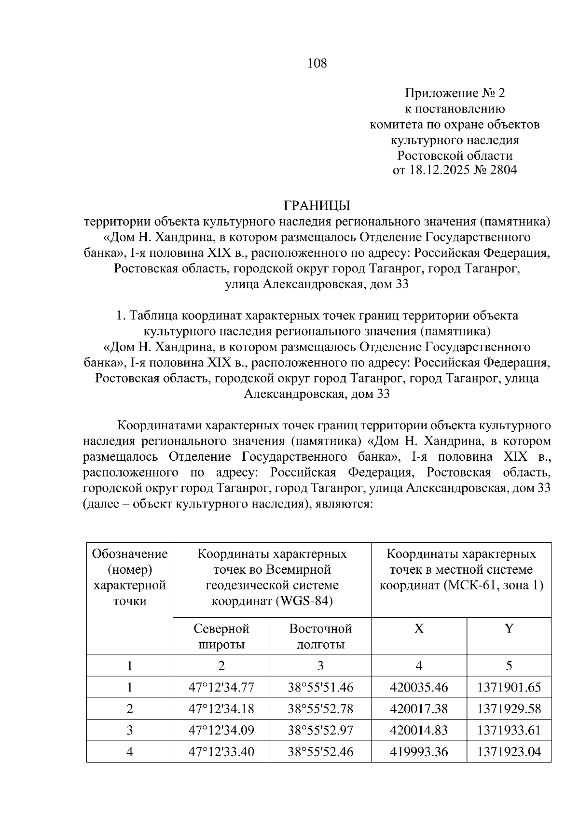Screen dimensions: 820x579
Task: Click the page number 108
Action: click(x=317, y=63)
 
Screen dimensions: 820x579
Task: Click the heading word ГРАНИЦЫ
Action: click(x=317, y=206)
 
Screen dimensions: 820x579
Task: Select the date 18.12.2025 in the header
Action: click(x=439, y=171)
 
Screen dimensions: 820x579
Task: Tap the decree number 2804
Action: click(x=503, y=171)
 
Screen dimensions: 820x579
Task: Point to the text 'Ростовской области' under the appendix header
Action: click(x=455, y=156)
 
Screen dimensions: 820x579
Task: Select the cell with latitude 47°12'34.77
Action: click(x=221, y=687)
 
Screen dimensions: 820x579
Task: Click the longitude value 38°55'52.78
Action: click(x=320, y=709)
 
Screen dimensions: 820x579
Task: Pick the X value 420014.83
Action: click(x=419, y=730)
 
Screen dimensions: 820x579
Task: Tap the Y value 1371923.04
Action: click(x=509, y=752)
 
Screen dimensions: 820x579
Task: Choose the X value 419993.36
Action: click(x=419, y=752)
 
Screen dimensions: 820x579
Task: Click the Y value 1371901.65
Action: click(x=509, y=687)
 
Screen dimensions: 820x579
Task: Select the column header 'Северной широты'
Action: click(x=221, y=636)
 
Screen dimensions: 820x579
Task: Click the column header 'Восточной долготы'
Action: click(x=320, y=636)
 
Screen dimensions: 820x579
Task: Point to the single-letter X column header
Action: click(x=419, y=629)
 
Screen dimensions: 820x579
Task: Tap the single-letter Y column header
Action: click(x=509, y=629)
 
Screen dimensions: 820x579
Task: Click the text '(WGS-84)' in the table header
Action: click(x=309, y=602)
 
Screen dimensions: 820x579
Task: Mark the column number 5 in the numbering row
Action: click(x=509, y=666)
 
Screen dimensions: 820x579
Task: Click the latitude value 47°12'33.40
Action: click(x=221, y=752)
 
